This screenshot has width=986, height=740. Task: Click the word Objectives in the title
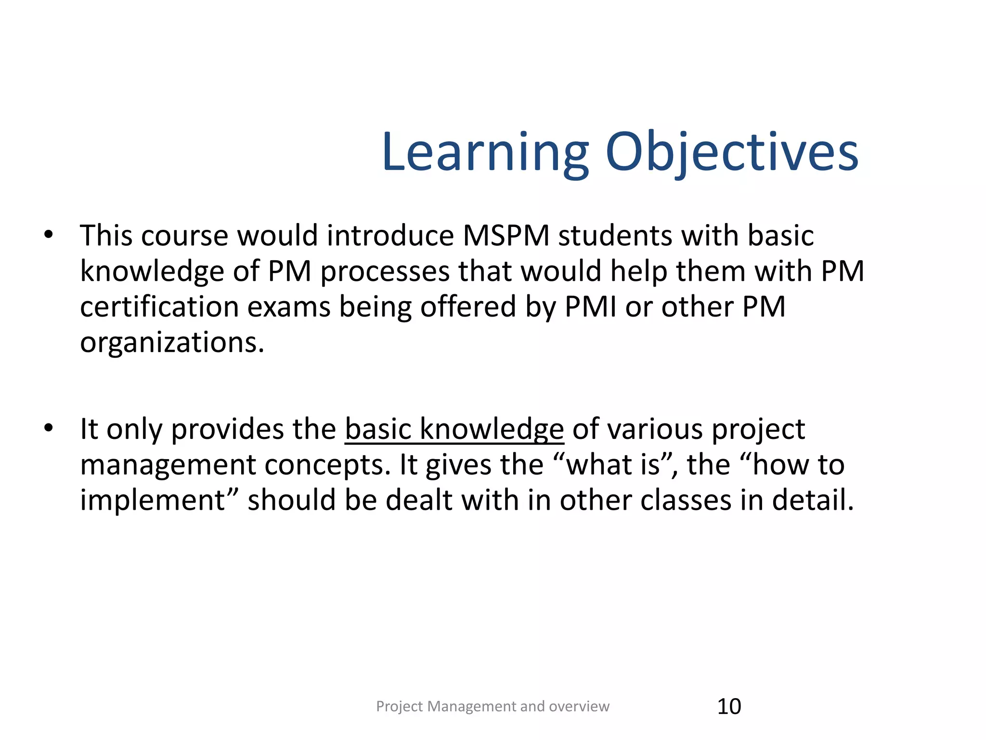tap(732, 153)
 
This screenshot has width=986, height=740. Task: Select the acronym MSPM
tap(506, 236)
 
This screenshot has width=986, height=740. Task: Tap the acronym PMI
tap(590, 307)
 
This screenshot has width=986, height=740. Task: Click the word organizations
tap(172, 343)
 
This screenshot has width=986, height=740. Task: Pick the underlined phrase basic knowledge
tap(454, 429)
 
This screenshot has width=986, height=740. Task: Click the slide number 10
tap(729, 706)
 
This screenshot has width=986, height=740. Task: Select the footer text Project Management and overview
tap(493, 706)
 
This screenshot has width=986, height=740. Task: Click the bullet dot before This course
tap(48, 235)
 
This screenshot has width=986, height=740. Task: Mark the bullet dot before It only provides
tap(48, 428)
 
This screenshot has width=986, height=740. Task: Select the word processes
tap(385, 271)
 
